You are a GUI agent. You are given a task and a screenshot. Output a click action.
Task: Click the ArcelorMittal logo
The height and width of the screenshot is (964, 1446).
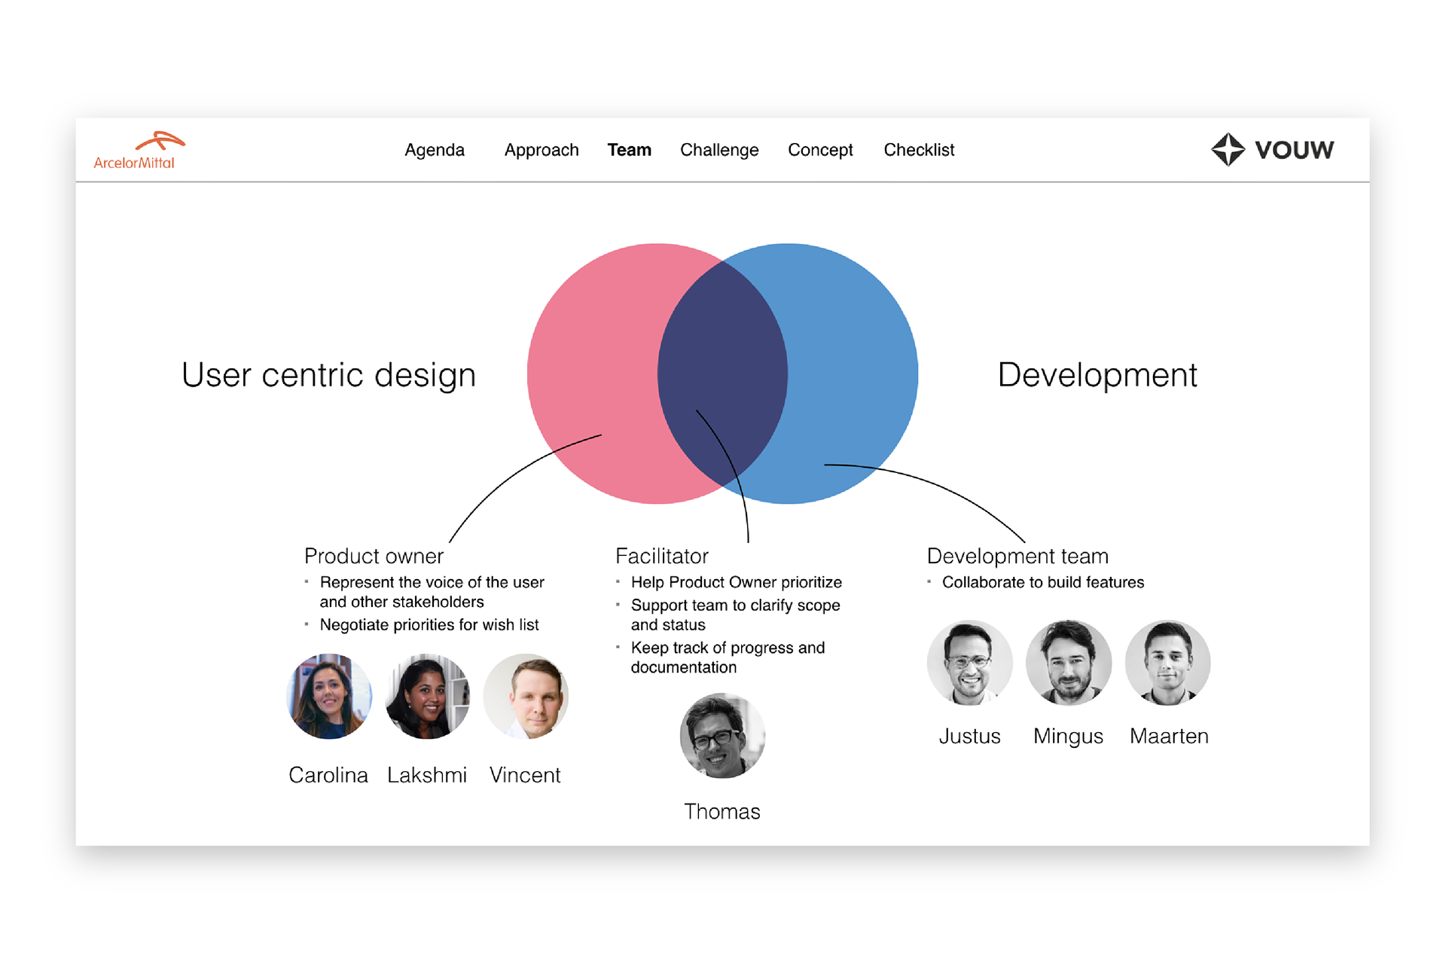pyautogui.click(x=139, y=151)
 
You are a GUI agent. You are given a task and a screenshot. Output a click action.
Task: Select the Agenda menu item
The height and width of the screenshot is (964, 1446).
pyautogui.click(x=435, y=150)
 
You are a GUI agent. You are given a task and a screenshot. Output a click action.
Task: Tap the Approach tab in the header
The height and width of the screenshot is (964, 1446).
pyautogui.click(x=541, y=150)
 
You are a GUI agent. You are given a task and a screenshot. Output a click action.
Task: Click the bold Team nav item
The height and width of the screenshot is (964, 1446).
pyautogui.click(x=630, y=150)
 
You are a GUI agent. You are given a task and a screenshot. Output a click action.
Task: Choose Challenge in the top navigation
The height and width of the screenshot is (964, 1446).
pyautogui.click(x=719, y=150)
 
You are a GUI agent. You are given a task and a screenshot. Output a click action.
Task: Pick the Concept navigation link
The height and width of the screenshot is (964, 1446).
pyautogui.click(x=820, y=150)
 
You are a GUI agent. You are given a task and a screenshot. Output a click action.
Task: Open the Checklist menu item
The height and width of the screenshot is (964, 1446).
pyautogui.click(x=919, y=150)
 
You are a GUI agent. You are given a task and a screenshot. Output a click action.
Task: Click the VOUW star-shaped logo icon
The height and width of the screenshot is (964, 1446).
pyautogui.click(x=1228, y=149)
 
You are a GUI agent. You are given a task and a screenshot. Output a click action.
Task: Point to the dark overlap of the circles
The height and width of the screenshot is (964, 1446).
pyautogui.click(x=723, y=374)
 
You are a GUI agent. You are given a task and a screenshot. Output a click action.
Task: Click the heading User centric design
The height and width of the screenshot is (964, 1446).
pyautogui.click(x=328, y=375)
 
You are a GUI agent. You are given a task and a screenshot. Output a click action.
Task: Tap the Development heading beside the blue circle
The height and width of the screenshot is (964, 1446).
pyautogui.click(x=1097, y=375)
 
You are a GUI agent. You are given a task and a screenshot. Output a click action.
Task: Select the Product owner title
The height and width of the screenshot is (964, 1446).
pyautogui.click(x=374, y=556)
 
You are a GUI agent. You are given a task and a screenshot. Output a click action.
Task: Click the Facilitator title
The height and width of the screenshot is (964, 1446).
pyautogui.click(x=662, y=556)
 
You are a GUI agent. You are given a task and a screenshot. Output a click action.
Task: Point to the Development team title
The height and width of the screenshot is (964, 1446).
pyautogui.click(x=1017, y=556)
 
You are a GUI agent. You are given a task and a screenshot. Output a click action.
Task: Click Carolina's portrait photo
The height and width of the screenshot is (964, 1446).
pyautogui.click(x=329, y=696)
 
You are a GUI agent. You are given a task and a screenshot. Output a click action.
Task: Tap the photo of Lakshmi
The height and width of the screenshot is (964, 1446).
pyautogui.click(x=427, y=696)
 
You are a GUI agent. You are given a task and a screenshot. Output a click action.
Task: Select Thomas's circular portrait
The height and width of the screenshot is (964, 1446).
pyautogui.click(x=722, y=735)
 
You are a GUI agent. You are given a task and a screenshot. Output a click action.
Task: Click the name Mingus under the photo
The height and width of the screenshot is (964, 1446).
pyautogui.click(x=1068, y=737)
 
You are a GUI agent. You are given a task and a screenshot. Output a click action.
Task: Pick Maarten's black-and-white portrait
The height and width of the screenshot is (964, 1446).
pyautogui.click(x=1168, y=663)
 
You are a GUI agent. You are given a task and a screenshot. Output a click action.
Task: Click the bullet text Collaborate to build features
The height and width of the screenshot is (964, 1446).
pyautogui.click(x=1043, y=582)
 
